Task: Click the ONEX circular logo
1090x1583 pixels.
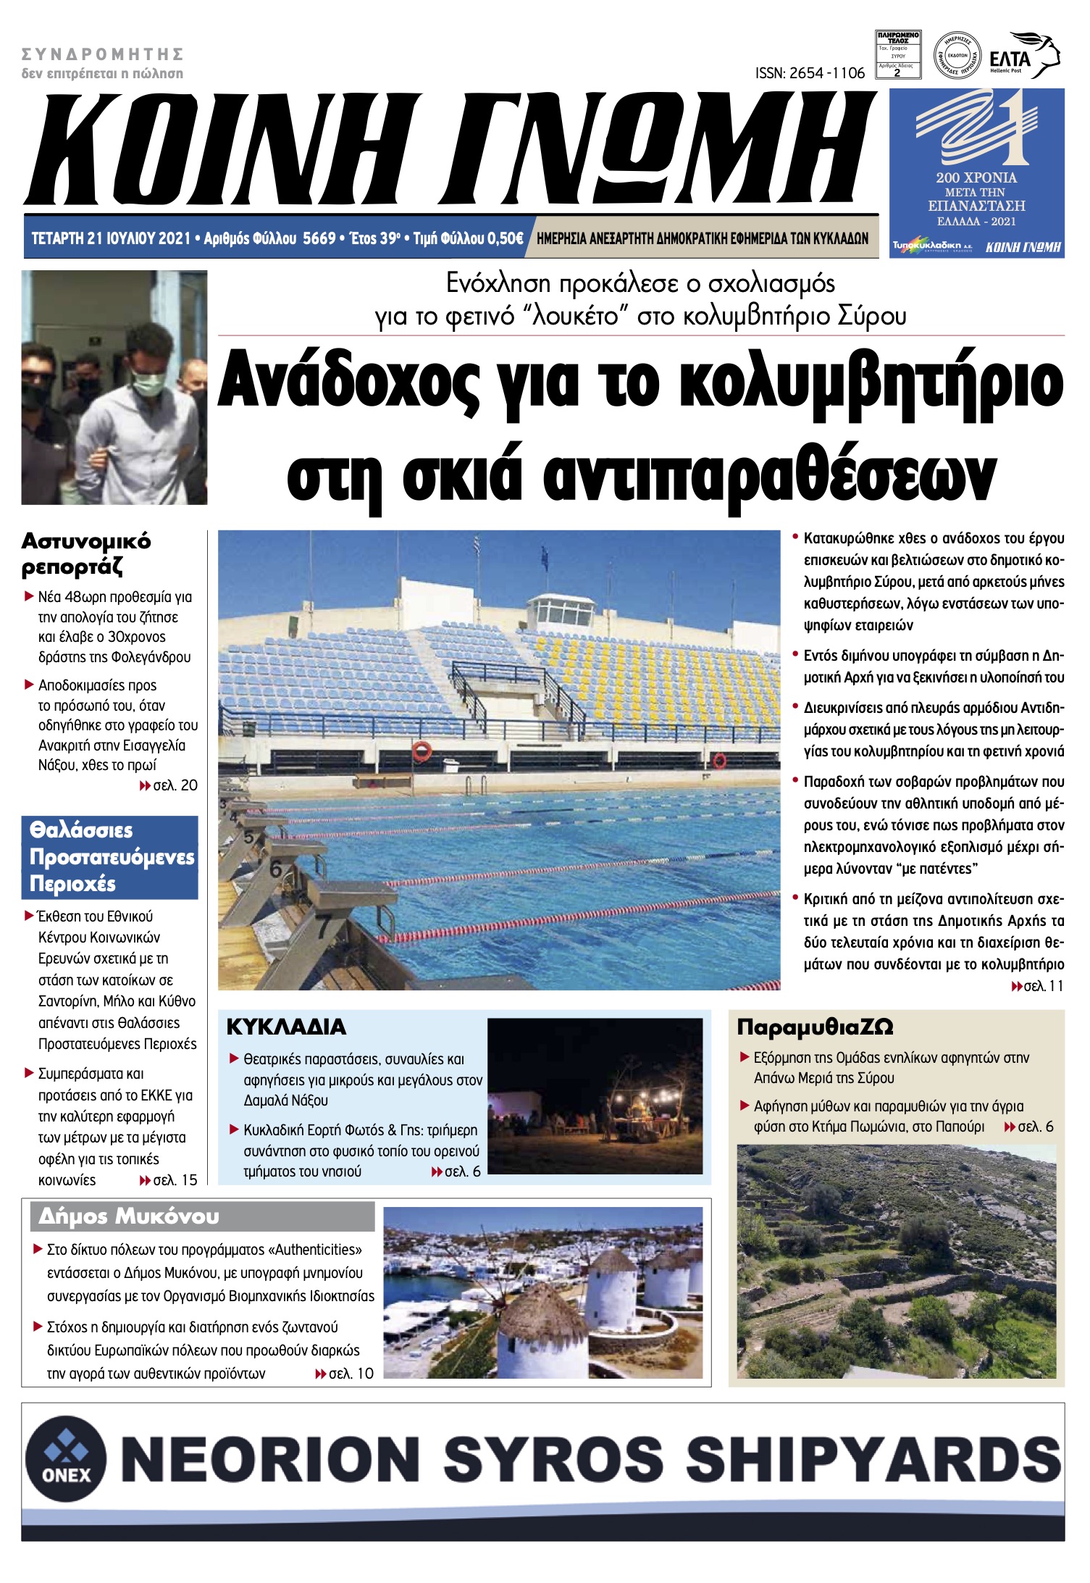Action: click(66, 1458)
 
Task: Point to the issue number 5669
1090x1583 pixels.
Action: click(319, 238)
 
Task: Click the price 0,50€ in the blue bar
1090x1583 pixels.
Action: click(505, 238)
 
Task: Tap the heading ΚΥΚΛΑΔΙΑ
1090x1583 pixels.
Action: click(286, 1027)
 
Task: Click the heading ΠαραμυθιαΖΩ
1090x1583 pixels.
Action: click(815, 1027)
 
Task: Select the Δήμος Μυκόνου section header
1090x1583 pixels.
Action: click(129, 1216)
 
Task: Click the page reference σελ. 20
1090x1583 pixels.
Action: click(175, 785)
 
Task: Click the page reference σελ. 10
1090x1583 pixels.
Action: click(351, 1374)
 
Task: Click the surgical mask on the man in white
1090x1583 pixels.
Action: click(148, 383)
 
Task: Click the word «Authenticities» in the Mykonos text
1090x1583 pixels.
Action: click(315, 1250)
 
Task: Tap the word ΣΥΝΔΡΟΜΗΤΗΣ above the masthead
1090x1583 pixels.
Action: click(102, 54)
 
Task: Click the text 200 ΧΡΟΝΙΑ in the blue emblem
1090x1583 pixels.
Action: click(976, 177)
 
